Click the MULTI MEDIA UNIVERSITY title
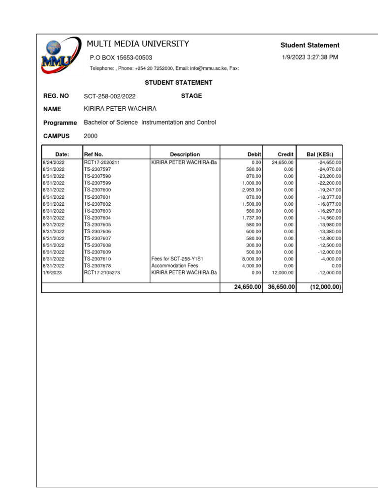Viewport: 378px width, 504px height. coord(138,44)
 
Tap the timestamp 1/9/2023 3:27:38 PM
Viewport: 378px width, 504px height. coord(310,57)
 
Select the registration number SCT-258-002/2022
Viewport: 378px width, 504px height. coord(110,96)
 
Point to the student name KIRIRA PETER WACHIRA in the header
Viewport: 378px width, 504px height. coord(120,109)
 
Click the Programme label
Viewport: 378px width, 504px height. coord(60,123)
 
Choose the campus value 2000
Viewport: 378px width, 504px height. coord(91,136)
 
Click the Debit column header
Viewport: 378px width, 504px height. coord(254,154)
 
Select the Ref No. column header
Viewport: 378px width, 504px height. coord(94,154)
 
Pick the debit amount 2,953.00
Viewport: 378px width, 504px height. coord(251,189)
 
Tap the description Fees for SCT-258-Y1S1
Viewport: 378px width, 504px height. coord(177,258)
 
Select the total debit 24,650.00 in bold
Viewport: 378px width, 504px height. coord(247,287)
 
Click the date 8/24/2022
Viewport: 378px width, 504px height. coord(54,162)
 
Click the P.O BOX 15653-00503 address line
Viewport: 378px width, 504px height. coord(121,58)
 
